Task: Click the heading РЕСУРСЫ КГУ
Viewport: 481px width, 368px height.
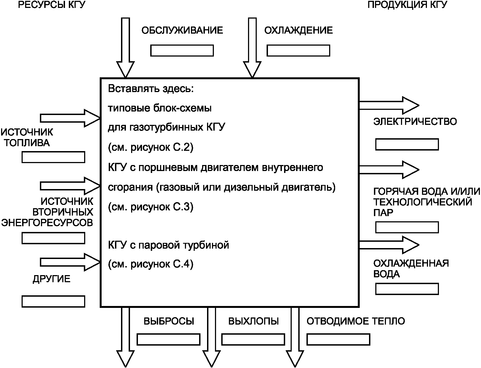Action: tap(52, 5)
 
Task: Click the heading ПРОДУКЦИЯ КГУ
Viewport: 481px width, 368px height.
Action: tap(407, 5)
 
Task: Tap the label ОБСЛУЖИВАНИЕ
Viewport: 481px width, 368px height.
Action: tap(182, 30)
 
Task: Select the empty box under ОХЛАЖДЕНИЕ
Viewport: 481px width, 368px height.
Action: tap(298, 51)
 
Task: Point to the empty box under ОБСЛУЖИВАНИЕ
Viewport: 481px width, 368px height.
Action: tap(182, 51)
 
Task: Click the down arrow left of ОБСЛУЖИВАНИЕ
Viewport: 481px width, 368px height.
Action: tap(125, 48)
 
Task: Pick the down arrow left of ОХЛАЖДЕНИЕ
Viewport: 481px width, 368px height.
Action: tap(252, 48)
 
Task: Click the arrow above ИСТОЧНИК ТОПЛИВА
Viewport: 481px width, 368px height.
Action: tap(70, 118)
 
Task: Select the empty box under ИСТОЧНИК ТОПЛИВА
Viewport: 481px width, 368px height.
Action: tap(53, 157)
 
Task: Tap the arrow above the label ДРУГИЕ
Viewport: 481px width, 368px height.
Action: tap(70, 262)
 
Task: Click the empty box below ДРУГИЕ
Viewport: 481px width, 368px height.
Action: tap(53, 301)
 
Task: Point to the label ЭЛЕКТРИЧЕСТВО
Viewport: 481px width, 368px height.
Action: tap(415, 122)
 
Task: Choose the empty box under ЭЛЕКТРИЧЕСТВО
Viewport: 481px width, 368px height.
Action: tap(407, 145)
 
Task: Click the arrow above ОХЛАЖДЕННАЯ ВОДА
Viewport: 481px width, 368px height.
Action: tap(389, 245)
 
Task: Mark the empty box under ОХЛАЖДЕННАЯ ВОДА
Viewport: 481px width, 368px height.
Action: tap(407, 289)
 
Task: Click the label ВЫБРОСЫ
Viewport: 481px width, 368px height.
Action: tap(169, 321)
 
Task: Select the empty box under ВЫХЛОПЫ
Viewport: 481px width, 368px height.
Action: tap(253, 340)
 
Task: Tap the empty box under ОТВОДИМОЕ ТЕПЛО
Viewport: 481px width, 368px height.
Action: tap(338, 340)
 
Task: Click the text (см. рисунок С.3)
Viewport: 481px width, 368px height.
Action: tap(151, 207)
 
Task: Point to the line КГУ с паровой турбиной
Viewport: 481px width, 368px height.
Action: tap(169, 245)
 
